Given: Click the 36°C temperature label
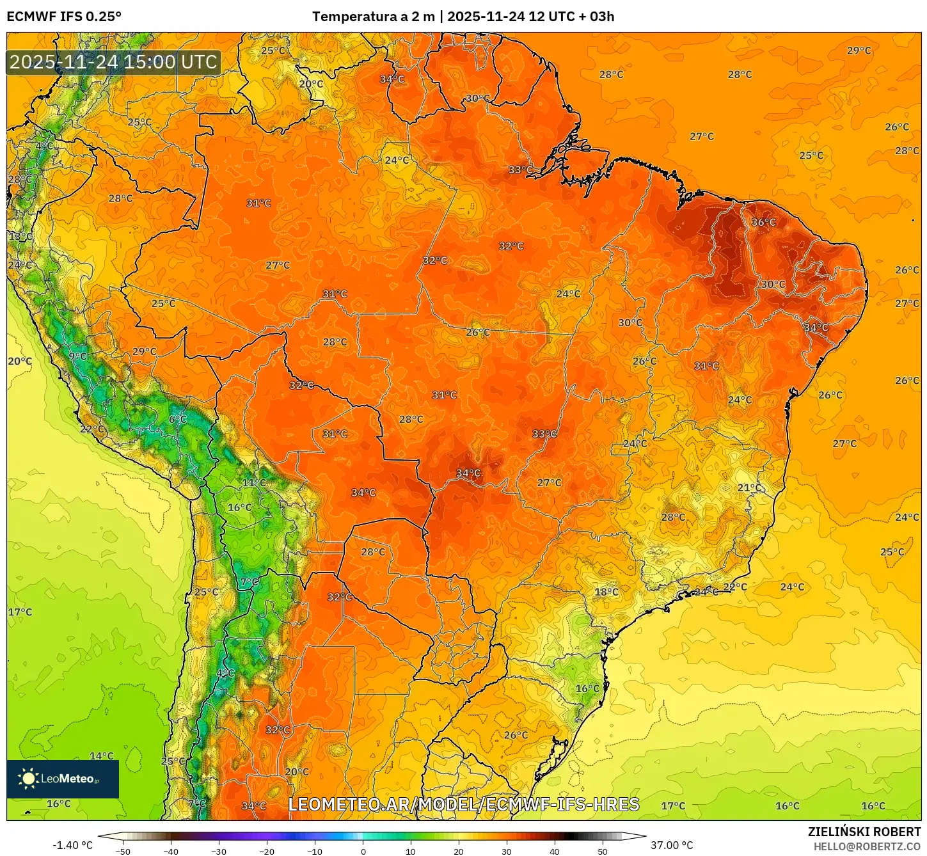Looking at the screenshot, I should [x=763, y=223].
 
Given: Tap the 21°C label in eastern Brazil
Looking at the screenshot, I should [x=750, y=488].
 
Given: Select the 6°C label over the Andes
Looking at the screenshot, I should [x=178, y=420].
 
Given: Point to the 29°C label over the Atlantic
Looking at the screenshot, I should [x=859, y=51].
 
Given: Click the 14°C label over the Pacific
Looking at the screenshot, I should [x=101, y=756].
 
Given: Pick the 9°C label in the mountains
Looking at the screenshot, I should [x=77, y=356].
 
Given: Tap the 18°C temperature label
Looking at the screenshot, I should [x=606, y=592].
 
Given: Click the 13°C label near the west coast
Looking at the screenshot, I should [x=20, y=237].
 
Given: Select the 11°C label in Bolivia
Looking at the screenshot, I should [x=254, y=483].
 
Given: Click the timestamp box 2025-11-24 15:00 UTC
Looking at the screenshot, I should [x=114, y=62].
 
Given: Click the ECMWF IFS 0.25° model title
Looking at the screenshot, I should [x=64, y=17].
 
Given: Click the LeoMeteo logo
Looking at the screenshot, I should [x=63, y=779].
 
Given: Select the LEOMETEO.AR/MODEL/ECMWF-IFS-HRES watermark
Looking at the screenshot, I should [x=464, y=804].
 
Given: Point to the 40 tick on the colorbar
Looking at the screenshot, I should [x=554, y=852].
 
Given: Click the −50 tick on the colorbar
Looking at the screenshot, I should [x=122, y=852].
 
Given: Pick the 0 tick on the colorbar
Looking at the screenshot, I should [x=363, y=852].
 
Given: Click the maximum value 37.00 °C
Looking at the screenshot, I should [x=672, y=845].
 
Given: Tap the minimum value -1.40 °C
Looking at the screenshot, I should [x=72, y=845].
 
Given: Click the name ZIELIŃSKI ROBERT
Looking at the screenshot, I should [x=864, y=832].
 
